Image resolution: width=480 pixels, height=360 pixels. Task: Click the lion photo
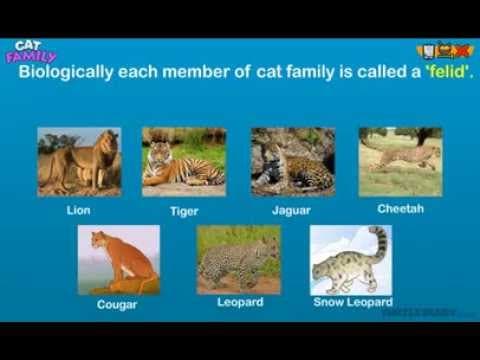(79, 161)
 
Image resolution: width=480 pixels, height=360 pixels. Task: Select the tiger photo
(184, 161)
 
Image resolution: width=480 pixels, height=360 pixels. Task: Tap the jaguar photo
(293, 161)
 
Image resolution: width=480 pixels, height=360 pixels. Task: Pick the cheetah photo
(400, 161)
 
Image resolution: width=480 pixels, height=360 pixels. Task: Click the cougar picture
(118, 260)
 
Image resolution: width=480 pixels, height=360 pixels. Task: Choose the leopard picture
(238, 259)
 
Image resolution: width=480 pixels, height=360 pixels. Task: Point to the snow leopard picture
(350, 259)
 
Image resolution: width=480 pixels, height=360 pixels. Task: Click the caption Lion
(78, 211)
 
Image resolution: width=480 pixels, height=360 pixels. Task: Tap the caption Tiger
(184, 212)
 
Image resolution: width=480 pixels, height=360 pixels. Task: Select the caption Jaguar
(291, 211)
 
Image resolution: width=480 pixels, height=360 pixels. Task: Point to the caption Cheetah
(400, 209)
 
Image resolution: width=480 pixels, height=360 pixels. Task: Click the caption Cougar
(117, 305)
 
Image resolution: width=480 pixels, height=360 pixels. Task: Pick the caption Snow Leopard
(353, 301)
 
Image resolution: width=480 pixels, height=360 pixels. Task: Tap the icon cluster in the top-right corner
(444, 51)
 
